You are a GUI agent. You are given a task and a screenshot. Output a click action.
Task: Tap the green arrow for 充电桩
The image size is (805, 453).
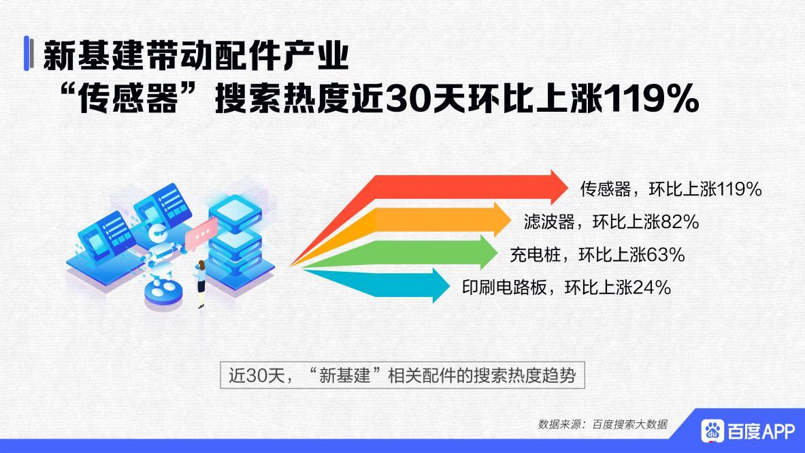pyautogui.click(x=436, y=252)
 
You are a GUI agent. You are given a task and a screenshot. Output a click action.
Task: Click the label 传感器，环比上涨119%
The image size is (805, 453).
pyautogui.click(x=670, y=189)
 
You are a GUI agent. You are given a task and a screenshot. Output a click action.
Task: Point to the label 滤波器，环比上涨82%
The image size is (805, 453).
pyautogui.click(x=611, y=222)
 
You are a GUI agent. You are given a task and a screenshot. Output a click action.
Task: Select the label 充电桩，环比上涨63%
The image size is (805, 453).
pyautogui.click(x=597, y=255)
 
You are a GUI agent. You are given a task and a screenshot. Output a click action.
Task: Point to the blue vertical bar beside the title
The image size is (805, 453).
pyautogui.click(x=28, y=54)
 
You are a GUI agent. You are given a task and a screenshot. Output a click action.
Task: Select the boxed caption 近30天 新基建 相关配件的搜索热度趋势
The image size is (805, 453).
pyautogui.click(x=402, y=375)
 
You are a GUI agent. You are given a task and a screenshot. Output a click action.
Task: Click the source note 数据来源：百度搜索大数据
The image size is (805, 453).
pyautogui.click(x=602, y=424)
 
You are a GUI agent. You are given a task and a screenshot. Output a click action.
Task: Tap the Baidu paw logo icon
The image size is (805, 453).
pyautogui.click(x=713, y=431)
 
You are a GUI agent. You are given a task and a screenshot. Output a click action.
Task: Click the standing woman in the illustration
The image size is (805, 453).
pyautogui.click(x=201, y=283)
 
